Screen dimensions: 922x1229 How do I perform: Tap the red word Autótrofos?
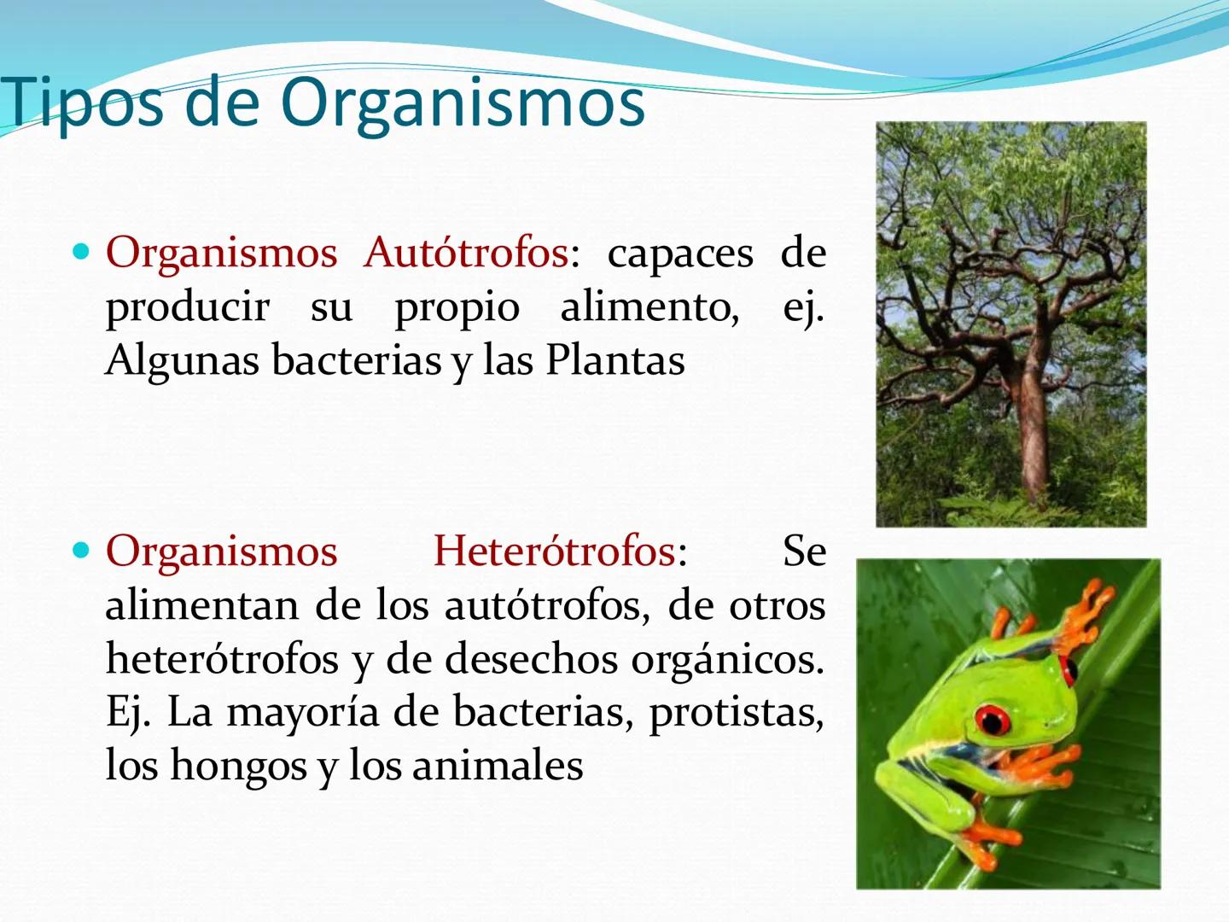[465, 253]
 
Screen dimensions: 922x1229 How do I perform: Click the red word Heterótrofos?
[555, 551]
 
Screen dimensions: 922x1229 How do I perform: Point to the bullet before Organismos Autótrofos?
[81, 252]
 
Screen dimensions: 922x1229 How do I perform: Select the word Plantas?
[614, 360]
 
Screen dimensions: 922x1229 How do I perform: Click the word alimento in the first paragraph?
[649, 307]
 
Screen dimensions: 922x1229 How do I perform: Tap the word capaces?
[680, 254]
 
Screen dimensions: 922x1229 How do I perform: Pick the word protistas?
[736, 713]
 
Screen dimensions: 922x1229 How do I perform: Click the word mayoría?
[302, 712]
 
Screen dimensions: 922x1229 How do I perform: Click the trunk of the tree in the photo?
[1033, 427]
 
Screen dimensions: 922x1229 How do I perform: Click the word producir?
[187, 307]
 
